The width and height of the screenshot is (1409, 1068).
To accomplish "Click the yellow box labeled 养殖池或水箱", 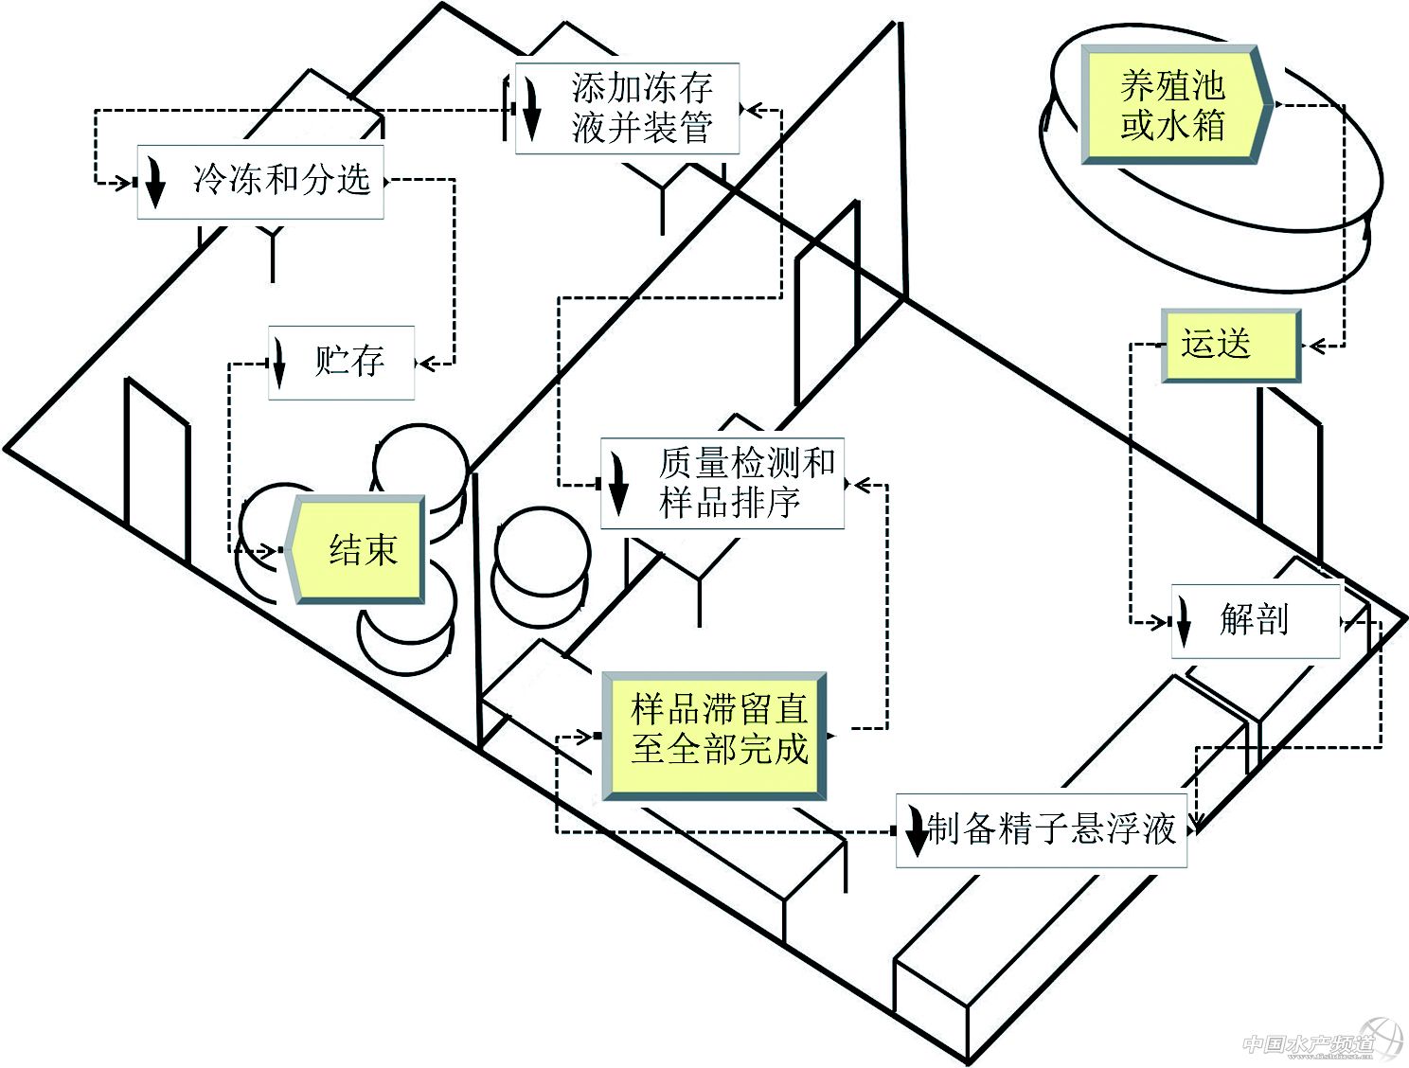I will pyautogui.click(x=1172, y=104).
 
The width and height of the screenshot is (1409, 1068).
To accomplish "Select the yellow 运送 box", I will pyautogui.click(x=1230, y=345).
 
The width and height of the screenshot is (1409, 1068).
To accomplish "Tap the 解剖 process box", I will pyautogui.click(x=1256, y=620).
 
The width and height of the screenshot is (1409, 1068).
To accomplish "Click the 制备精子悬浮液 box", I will pyautogui.click(x=1042, y=830).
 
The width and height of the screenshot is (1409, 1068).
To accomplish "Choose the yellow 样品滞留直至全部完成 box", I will pyautogui.click(x=717, y=735).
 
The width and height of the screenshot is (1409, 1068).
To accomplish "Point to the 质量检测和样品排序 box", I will pyautogui.click(x=722, y=483).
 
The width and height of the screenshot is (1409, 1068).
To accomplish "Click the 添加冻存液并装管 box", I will pyautogui.click(x=627, y=108).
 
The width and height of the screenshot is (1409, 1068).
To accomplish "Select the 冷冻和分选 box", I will pyautogui.click(x=260, y=181).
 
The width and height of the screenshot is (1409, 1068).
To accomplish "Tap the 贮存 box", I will pyautogui.click(x=342, y=362).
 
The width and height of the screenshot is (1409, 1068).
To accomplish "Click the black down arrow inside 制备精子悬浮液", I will pyautogui.click(x=916, y=830).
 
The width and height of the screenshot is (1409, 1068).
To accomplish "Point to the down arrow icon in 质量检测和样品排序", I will pyautogui.click(x=618, y=482).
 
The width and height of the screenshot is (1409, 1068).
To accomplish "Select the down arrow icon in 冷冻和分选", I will pyautogui.click(x=154, y=183).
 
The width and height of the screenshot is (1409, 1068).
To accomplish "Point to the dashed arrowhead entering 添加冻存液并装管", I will pyautogui.click(x=751, y=109).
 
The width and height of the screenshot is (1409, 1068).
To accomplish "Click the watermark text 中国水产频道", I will pyautogui.click(x=1307, y=1043).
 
